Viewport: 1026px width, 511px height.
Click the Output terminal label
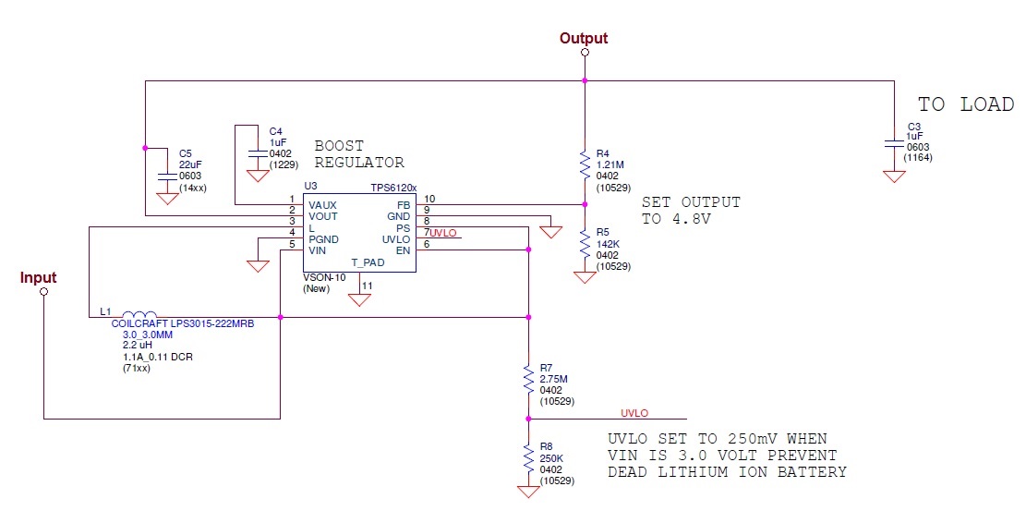[584, 39]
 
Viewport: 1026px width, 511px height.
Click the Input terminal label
[38, 278]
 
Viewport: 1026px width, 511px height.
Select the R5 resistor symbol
[585, 245]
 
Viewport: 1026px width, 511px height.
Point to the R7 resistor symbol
[528, 379]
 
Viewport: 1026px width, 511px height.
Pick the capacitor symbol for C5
[168, 176]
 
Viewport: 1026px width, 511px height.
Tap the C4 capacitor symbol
[254, 153]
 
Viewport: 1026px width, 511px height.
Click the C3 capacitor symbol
[894, 143]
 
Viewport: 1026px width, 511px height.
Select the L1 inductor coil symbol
[139, 314]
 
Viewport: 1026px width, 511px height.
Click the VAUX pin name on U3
[322, 206]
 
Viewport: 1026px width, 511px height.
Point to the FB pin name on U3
[403, 205]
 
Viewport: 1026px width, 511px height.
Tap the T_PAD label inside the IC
[368, 262]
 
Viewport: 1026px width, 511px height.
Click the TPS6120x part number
[394, 188]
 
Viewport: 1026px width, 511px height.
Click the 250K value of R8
[551, 458]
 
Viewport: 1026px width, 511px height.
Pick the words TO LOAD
[966, 104]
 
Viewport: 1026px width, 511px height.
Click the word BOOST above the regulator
[339, 145]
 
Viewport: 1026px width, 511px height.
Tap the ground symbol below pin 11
[358, 300]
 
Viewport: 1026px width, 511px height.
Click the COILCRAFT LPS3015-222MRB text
[183, 323]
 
